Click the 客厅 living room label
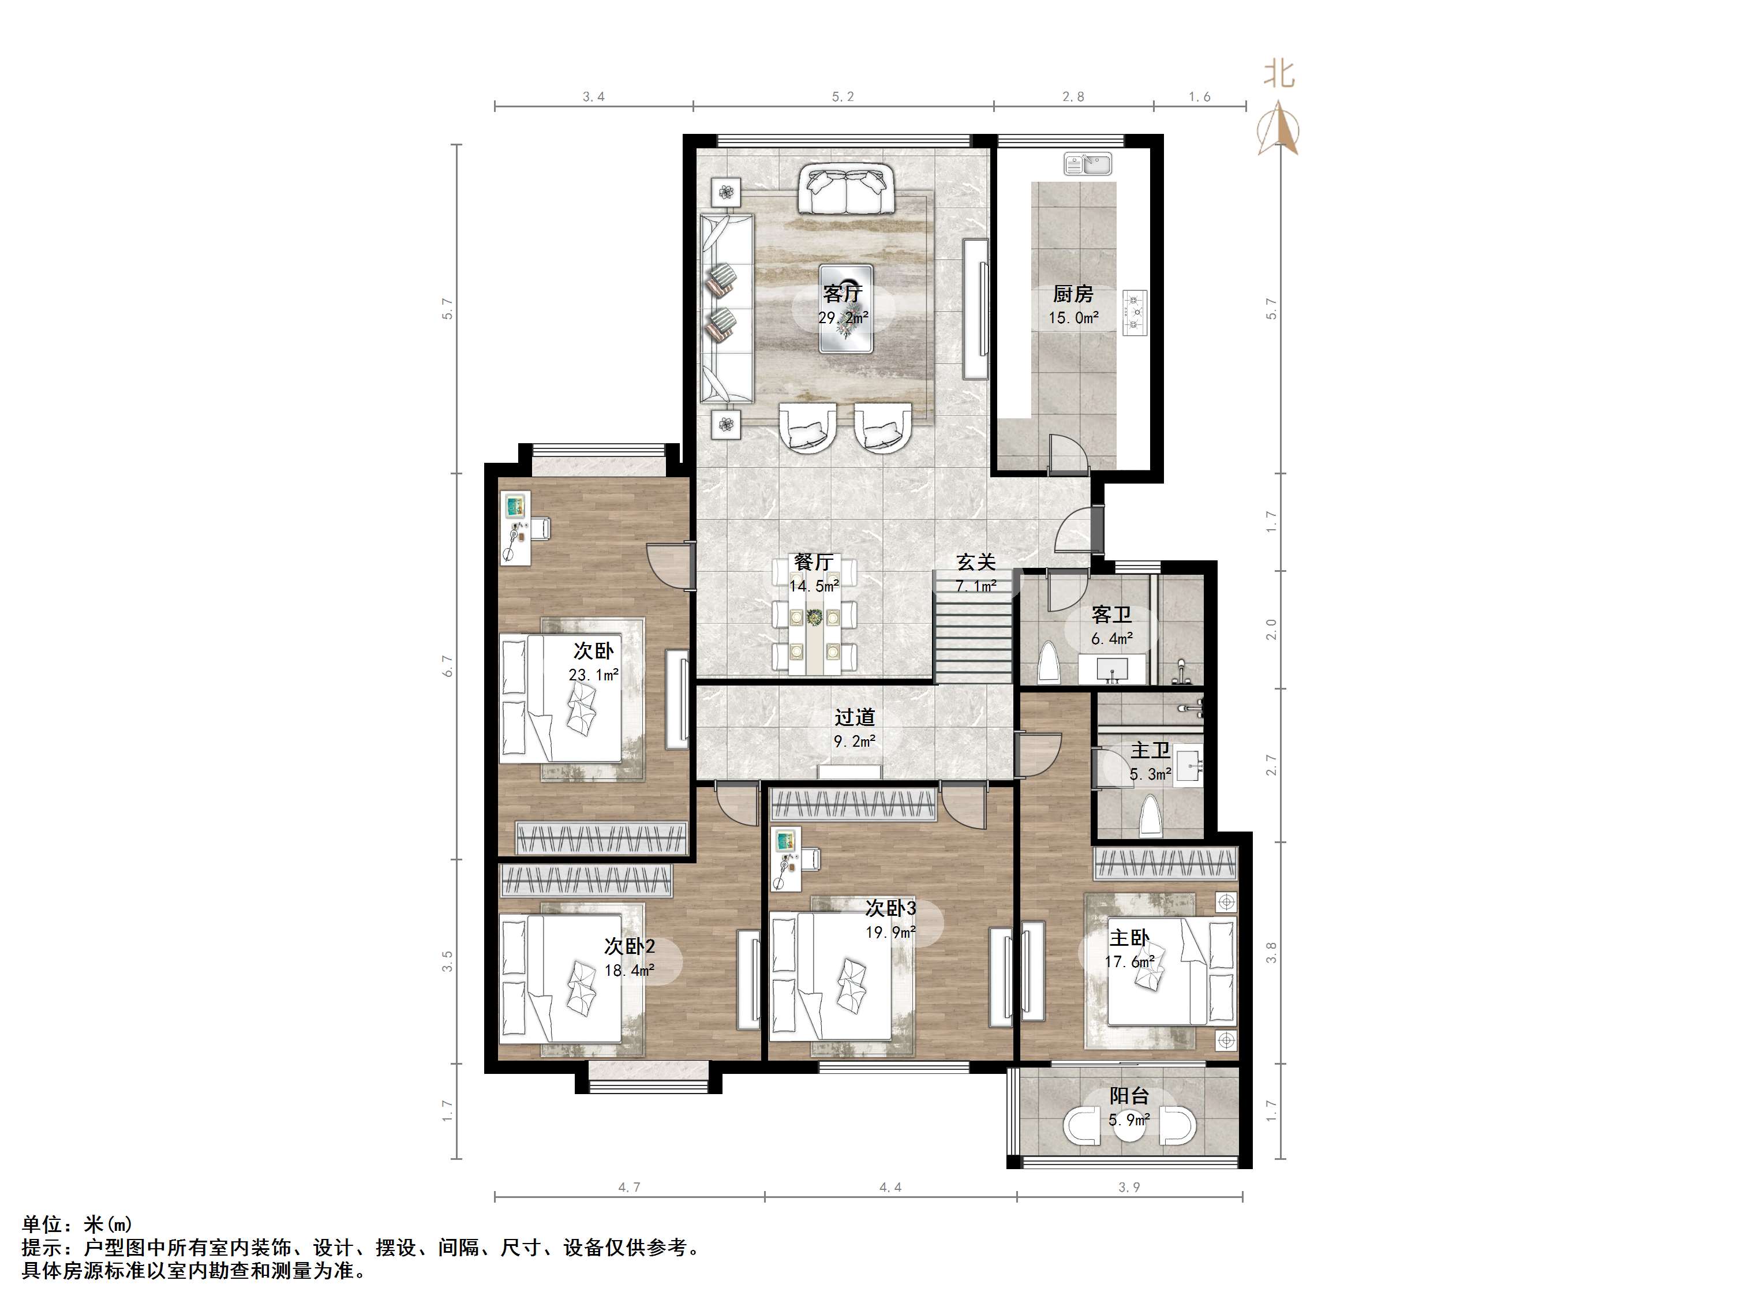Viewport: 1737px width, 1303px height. click(x=843, y=294)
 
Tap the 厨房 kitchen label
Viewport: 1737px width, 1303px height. click(x=1073, y=294)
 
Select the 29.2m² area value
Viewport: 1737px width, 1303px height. click(x=843, y=318)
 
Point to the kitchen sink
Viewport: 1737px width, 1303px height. click(x=1088, y=164)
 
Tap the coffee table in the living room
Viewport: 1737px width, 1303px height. click(x=846, y=309)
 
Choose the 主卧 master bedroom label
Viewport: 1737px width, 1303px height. click(x=1129, y=938)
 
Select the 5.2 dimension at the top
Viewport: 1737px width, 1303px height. click(x=843, y=96)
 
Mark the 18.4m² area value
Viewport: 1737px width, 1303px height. click(x=629, y=971)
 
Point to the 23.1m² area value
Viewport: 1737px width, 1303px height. click(x=594, y=675)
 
